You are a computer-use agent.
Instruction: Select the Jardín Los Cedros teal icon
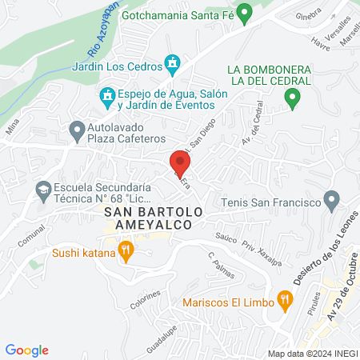click(171, 62)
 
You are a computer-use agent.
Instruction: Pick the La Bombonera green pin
click(292, 98)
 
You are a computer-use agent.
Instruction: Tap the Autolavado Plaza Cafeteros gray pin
click(77, 128)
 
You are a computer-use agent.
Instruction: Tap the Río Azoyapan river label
click(102, 37)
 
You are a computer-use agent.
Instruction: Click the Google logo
click(27, 350)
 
